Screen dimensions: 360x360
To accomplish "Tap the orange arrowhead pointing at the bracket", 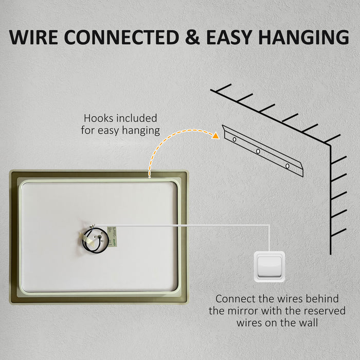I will [x=215, y=136].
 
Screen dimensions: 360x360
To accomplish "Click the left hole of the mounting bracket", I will [x=235, y=139].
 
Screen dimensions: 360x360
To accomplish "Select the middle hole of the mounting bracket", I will [x=258, y=151].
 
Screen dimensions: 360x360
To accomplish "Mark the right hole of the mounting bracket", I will [x=287, y=166].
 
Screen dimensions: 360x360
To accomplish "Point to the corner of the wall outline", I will [x=330, y=145].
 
